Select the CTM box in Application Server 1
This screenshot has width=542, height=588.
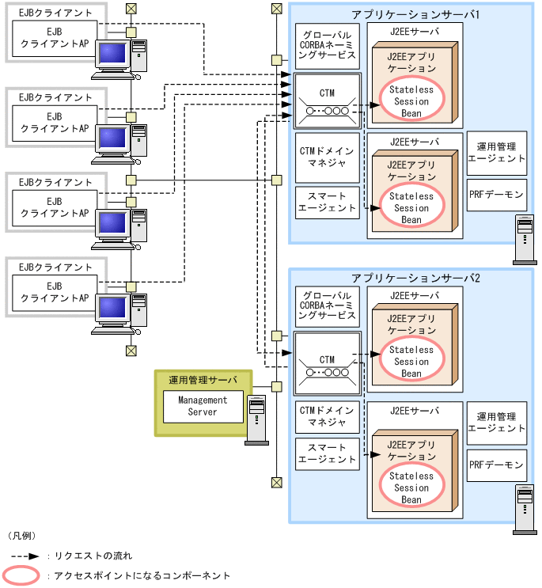(x=327, y=102)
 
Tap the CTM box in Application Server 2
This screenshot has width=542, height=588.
(x=327, y=362)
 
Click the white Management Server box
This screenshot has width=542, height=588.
(x=203, y=406)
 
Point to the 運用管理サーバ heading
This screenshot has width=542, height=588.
(x=203, y=379)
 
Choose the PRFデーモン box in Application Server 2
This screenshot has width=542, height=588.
(x=496, y=465)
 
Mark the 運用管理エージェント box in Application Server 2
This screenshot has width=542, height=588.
(x=496, y=422)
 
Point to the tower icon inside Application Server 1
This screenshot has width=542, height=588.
(x=522, y=239)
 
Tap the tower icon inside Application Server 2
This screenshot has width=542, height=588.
(x=522, y=506)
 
